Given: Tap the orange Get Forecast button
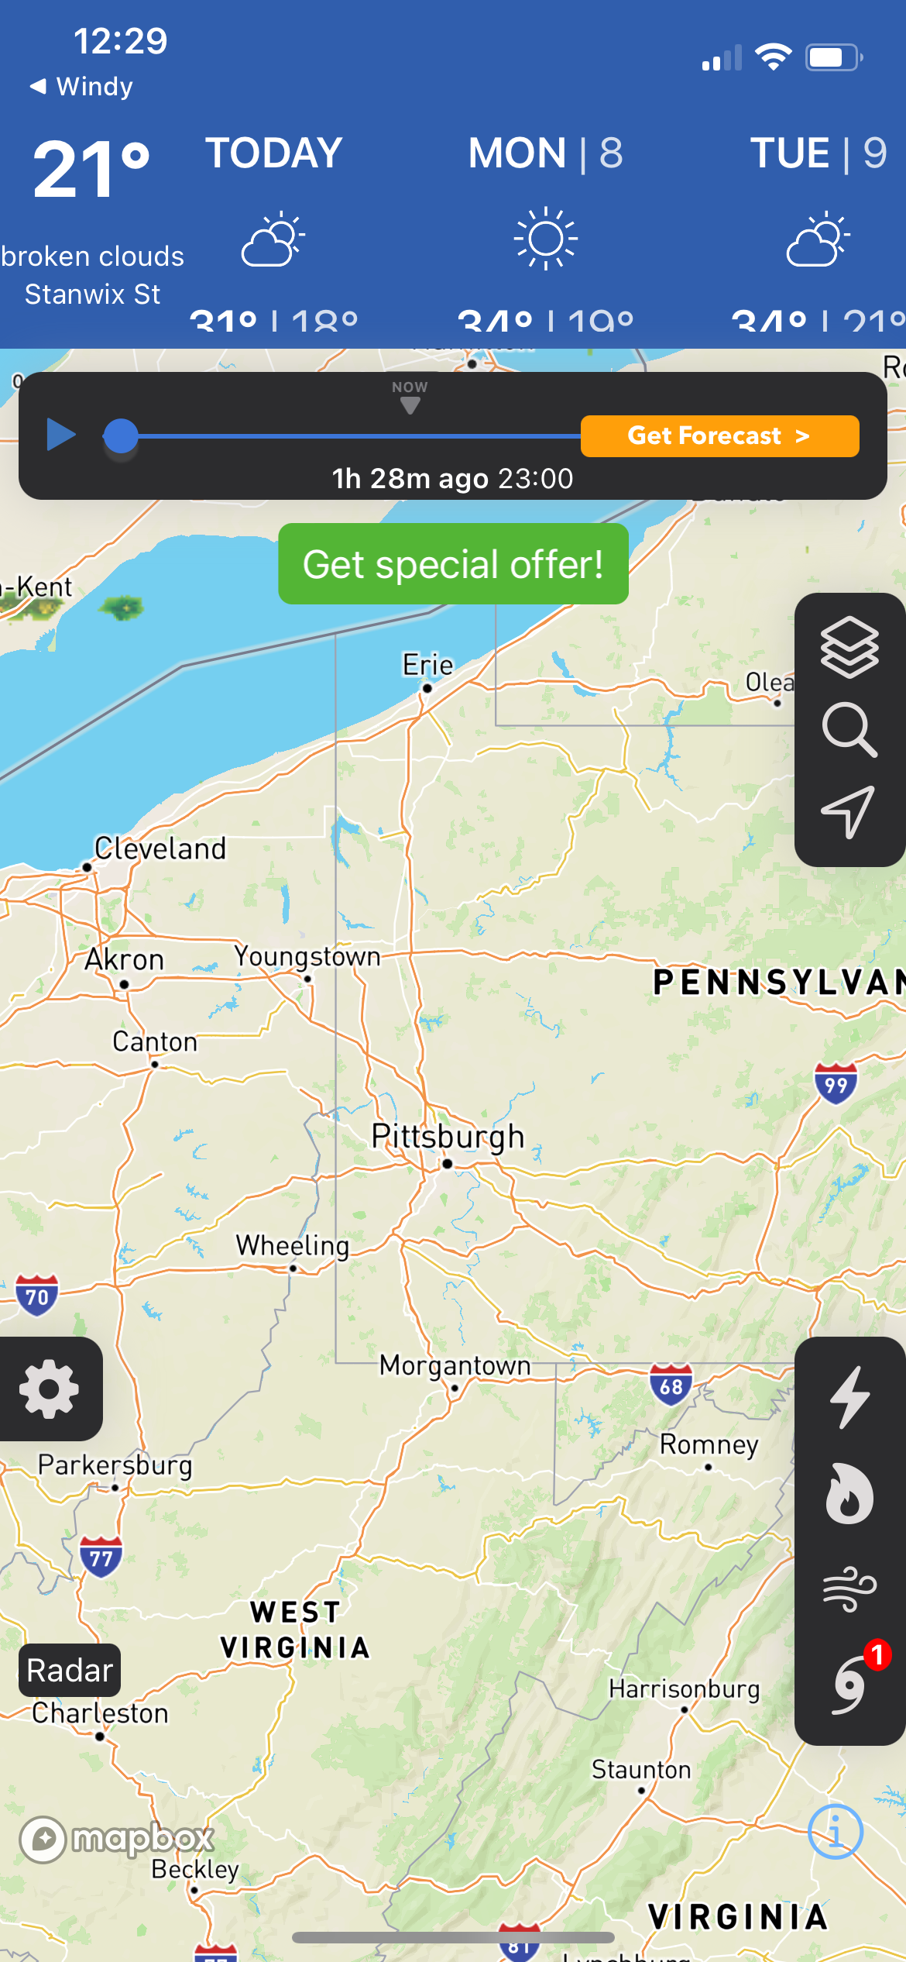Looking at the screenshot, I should point(719,436).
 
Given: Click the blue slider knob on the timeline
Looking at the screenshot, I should point(120,436).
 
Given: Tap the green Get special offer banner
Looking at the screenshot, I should point(453,564).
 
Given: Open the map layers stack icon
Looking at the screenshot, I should point(849,647).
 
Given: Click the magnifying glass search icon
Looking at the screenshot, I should point(849,729).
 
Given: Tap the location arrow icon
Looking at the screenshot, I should point(849,811).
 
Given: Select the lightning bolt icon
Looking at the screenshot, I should point(849,1397).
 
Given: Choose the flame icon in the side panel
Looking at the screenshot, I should point(849,1493).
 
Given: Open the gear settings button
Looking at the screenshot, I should point(50,1389).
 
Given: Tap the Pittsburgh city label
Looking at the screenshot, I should point(448,1137).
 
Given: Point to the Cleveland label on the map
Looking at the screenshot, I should point(160,848).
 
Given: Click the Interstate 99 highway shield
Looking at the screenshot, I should point(836,1083).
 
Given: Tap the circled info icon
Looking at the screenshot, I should point(835,1833).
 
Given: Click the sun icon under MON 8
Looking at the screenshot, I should point(546,239).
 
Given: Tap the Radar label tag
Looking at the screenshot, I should point(70,1671).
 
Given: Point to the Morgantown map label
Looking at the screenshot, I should point(455,1365).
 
